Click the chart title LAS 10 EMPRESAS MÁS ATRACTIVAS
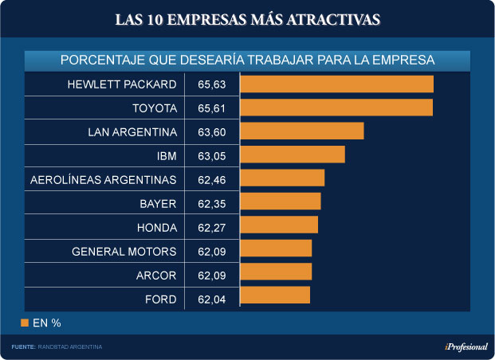point(247,18)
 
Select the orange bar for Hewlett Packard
point(336,84)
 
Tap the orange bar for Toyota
point(336,108)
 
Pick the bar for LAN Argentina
point(301,131)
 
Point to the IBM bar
point(292,155)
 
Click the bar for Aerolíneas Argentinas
point(282,178)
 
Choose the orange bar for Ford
point(275,295)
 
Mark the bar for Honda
point(279,225)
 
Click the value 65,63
point(211,84)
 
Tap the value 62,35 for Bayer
point(211,202)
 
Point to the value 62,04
point(211,299)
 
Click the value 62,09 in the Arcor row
point(211,276)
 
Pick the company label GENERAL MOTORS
point(124,252)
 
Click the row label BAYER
point(157,203)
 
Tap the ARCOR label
point(155,276)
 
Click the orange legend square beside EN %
point(25,323)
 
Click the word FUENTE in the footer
point(23,347)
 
